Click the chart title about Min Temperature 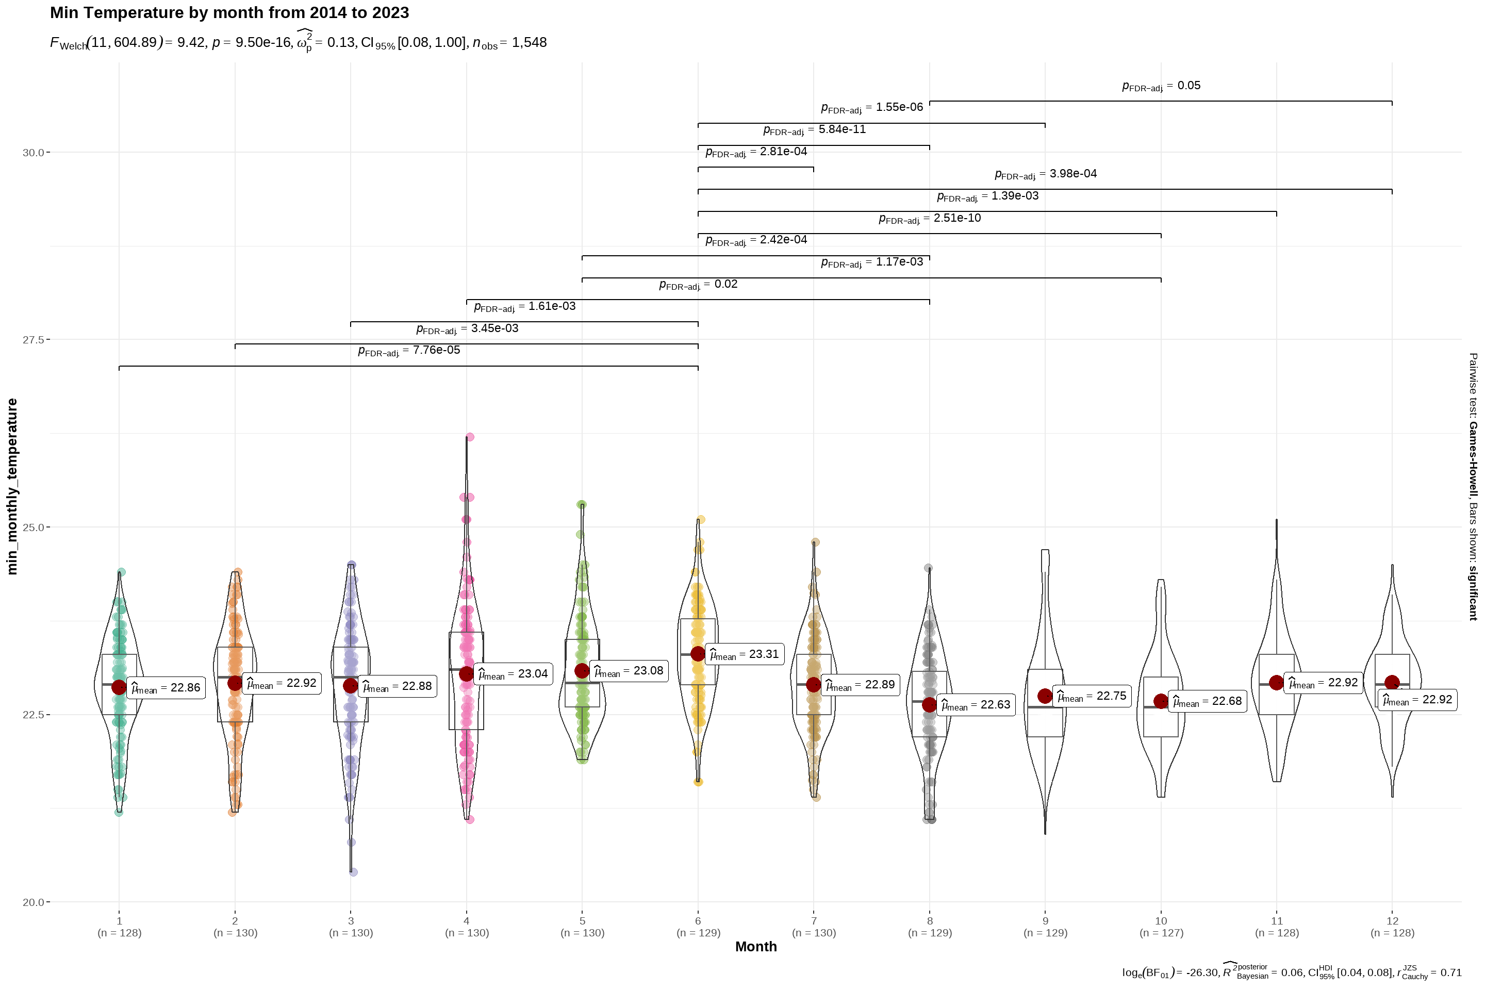pyautogui.click(x=229, y=12)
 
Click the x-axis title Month pyautogui.click(x=756, y=947)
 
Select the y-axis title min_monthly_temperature pyautogui.click(x=12, y=486)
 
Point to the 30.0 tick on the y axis pyautogui.click(x=34, y=152)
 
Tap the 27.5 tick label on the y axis pyautogui.click(x=34, y=340)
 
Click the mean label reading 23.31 pyautogui.click(x=745, y=654)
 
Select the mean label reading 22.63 pyautogui.click(x=976, y=705)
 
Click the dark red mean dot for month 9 pyautogui.click(x=1045, y=696)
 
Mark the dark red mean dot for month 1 pyautogui.click(x=119, y=687)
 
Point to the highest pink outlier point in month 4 pyautogui.click(x=470, y=437)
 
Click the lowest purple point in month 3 pyautogui.click(x=354, y=872)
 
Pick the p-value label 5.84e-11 pyautogui.click(x=815, y=129)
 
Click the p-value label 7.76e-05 pyautogui.click(x=409, y=351)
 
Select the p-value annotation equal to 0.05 pyautogui.click(x=1161, y=86)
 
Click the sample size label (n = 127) pyautogui.click(x=1161, y=933)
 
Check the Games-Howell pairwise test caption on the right pyautogui.click(x=1473, y=486)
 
